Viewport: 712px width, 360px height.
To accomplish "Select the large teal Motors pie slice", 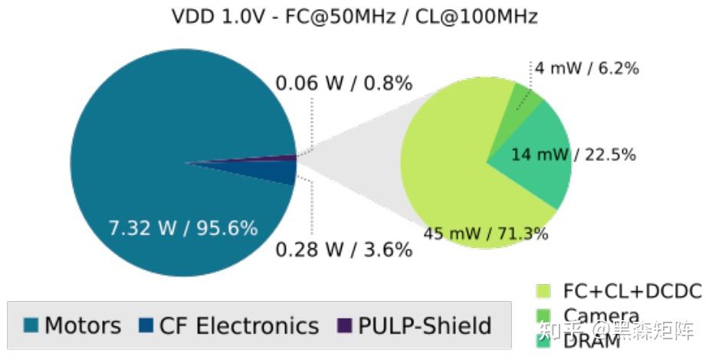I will tap(153, 115).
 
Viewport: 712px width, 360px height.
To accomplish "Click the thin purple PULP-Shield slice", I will tap(284, 159).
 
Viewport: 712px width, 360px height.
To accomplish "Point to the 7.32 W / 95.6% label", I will tap(182, 227).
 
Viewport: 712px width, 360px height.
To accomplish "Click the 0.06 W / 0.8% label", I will tap(344, 83).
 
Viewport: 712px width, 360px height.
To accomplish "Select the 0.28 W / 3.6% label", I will tap(344, 250).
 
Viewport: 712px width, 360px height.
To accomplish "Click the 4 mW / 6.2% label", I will tap(586, 68).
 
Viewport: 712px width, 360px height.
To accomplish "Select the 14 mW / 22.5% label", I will tap(573, 155).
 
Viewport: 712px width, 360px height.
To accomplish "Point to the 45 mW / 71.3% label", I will tap(486, 234).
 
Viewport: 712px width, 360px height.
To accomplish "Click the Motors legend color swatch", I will tap(31, 326).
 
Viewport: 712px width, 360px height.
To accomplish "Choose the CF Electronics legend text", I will tap(238, 326).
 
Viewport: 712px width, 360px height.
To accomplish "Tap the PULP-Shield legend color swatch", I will tap(344, 326).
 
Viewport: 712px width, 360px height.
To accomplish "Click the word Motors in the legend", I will tap(83, 326).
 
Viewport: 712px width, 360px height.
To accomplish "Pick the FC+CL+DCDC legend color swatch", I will tap(543, 291).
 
